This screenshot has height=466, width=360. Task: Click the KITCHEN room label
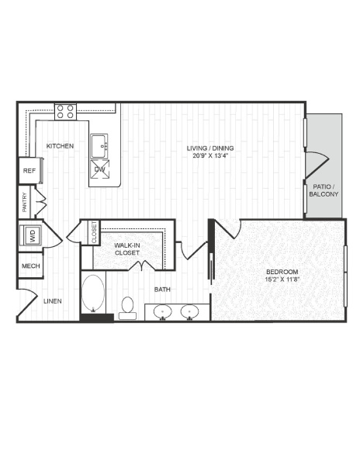tap(60, 146)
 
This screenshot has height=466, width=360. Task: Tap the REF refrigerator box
tap(29, 171)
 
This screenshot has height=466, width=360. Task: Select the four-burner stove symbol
tap(65, 112)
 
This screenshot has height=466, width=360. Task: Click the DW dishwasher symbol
tap(100, 169)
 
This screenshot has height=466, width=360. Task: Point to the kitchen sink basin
tap(99, 146)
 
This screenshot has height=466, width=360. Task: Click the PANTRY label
tap(25, 202)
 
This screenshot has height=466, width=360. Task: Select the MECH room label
tap(30, 266)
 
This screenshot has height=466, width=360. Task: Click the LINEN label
tap(53, 301)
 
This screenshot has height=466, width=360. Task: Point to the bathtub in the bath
tap(93, 293)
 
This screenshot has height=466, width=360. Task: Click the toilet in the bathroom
tap(128, 308)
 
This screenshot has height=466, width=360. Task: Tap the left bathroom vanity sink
tap(163, 312)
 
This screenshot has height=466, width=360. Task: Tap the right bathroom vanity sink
tap(190, 312)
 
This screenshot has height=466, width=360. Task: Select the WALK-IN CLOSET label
tap(127, 249)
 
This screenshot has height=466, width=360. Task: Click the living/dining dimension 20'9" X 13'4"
tap(210, 155)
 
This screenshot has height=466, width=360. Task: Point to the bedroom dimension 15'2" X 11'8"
tap(282, 279)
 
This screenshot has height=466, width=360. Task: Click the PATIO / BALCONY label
tap(324, 190)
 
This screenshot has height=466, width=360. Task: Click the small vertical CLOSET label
tap(95, 232)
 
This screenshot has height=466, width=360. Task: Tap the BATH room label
tap(162, 289)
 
